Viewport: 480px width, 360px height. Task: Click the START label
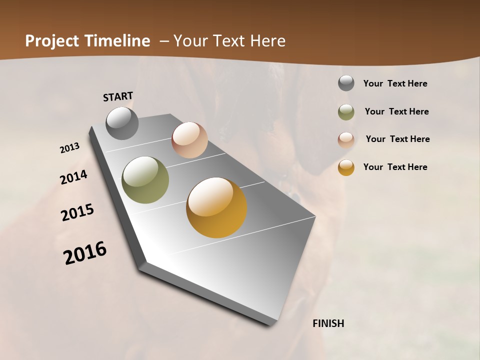(x=118, y=96)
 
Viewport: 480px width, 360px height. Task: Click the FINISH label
(x=328, y=323)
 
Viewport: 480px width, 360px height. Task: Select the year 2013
(x=70, y=148)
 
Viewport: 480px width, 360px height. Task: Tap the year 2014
(x=74, y=177)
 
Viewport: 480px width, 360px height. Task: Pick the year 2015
(x=77, y=212)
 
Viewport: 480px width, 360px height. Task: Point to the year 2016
(x=85, y=252)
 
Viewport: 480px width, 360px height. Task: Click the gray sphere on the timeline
(x=122, y=123)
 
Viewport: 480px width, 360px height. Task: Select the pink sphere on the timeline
(x=189, y=140)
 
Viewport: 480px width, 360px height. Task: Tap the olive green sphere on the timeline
(x=145, y=180)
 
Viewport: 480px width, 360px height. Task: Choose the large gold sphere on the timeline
(x=216, y=207)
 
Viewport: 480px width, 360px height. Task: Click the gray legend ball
(x=346, y=83)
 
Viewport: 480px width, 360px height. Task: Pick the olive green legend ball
(x=346, y=112)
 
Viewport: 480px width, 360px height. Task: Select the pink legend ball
(x=346, y=139)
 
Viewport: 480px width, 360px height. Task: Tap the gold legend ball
(x=346, y=167)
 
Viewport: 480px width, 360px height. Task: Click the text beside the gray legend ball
(x=395, y=83)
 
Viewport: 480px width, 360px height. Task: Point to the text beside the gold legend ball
(x=395, y=167)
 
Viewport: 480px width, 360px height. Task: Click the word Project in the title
(x=51, y=41)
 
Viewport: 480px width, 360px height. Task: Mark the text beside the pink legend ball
(x=397, y=139)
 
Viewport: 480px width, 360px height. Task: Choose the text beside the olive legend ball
(x=396, y=111)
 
